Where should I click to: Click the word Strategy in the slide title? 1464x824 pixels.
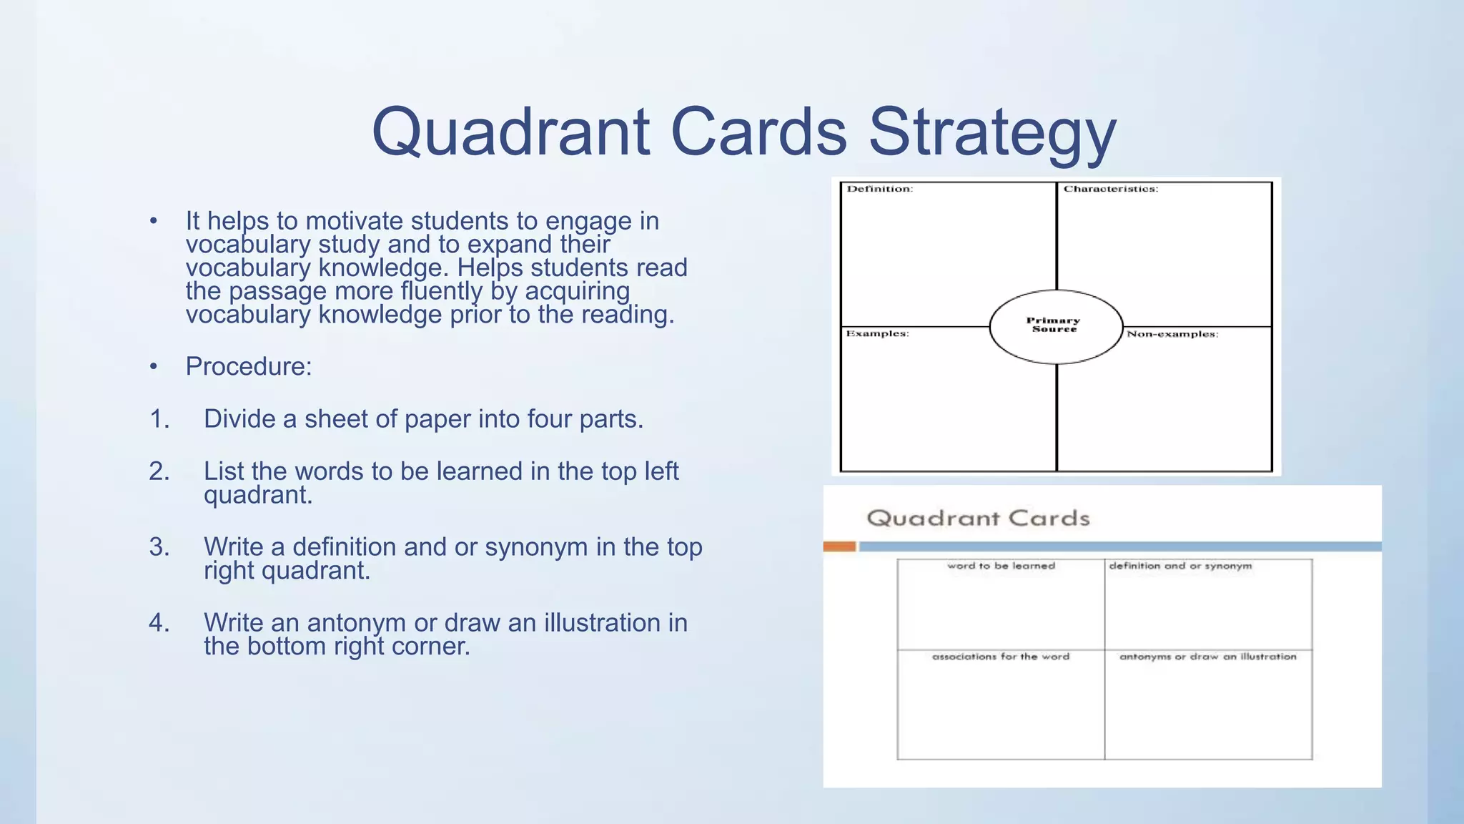click(x=992, y=133)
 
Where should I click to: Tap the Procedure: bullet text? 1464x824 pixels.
click(x=249, y=366)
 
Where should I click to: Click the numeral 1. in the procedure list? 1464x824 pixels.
click(x=159, y=419)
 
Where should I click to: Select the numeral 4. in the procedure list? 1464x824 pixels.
click(x=159, y=623)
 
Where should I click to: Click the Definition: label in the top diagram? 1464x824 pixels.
click(x=879, y=190)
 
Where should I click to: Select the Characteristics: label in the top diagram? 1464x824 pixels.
click(x=1110, y=190)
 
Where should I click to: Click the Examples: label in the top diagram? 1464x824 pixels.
click(x=877, y=334)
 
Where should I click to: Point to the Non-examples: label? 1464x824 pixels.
click(x=1172, y=334)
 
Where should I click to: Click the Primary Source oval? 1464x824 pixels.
click(x=1055, y=326)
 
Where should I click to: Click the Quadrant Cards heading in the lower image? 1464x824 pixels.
click(x=978, y=518)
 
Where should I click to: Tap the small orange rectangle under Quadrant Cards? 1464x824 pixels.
click(x=839, y=547)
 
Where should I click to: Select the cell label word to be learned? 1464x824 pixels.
click(x=1001, y=566)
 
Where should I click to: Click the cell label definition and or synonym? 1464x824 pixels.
click(x=1180, y=566)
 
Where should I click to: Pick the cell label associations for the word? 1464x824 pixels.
click(x=1001, y=657)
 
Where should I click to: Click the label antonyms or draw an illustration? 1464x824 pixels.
click(x=1207, y=657)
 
